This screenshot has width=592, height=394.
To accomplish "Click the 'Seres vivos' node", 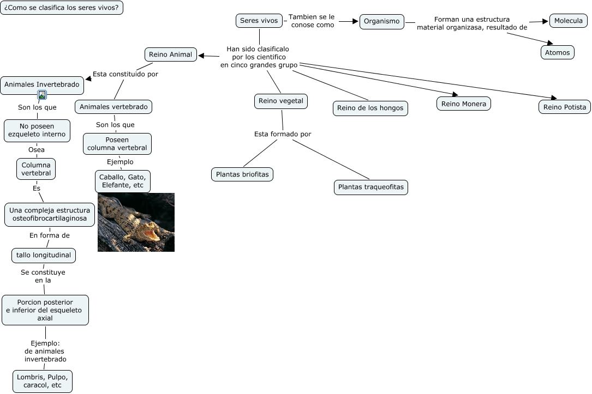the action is coord(259,21).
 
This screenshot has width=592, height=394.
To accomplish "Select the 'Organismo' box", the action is coord(382,21).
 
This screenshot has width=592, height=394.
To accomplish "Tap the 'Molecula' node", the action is coord(568,21).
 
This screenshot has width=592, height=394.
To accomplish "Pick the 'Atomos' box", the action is coord(557,52).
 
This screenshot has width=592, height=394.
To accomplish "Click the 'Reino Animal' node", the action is coord(171,54).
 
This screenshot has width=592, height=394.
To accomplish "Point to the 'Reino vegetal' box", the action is coord(281,101).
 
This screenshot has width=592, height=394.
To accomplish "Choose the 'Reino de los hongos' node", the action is coord(370,108).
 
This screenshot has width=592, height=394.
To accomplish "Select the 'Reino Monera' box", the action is coord(464,104).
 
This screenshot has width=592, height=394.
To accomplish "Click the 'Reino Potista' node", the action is coord(564,107).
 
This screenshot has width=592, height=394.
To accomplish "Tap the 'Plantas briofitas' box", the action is coord(242,174).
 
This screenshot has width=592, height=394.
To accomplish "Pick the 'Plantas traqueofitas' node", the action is coord(371,187).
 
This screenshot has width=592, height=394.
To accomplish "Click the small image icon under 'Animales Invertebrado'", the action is coord(42,95).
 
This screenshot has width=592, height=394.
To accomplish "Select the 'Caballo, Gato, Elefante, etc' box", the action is coord(123,181).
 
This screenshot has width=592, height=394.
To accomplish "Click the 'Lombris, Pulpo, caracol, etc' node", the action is coord(43,381).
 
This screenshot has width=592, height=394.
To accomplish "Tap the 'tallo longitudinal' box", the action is coord(44,255).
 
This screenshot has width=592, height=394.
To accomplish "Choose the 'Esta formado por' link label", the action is coord(283,134).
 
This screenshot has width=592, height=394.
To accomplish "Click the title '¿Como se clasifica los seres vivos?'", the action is coord(62,7).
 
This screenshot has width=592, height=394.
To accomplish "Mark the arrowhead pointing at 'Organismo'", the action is coord(355,21).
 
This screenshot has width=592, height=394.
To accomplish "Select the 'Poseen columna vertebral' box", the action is coord(117,144).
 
